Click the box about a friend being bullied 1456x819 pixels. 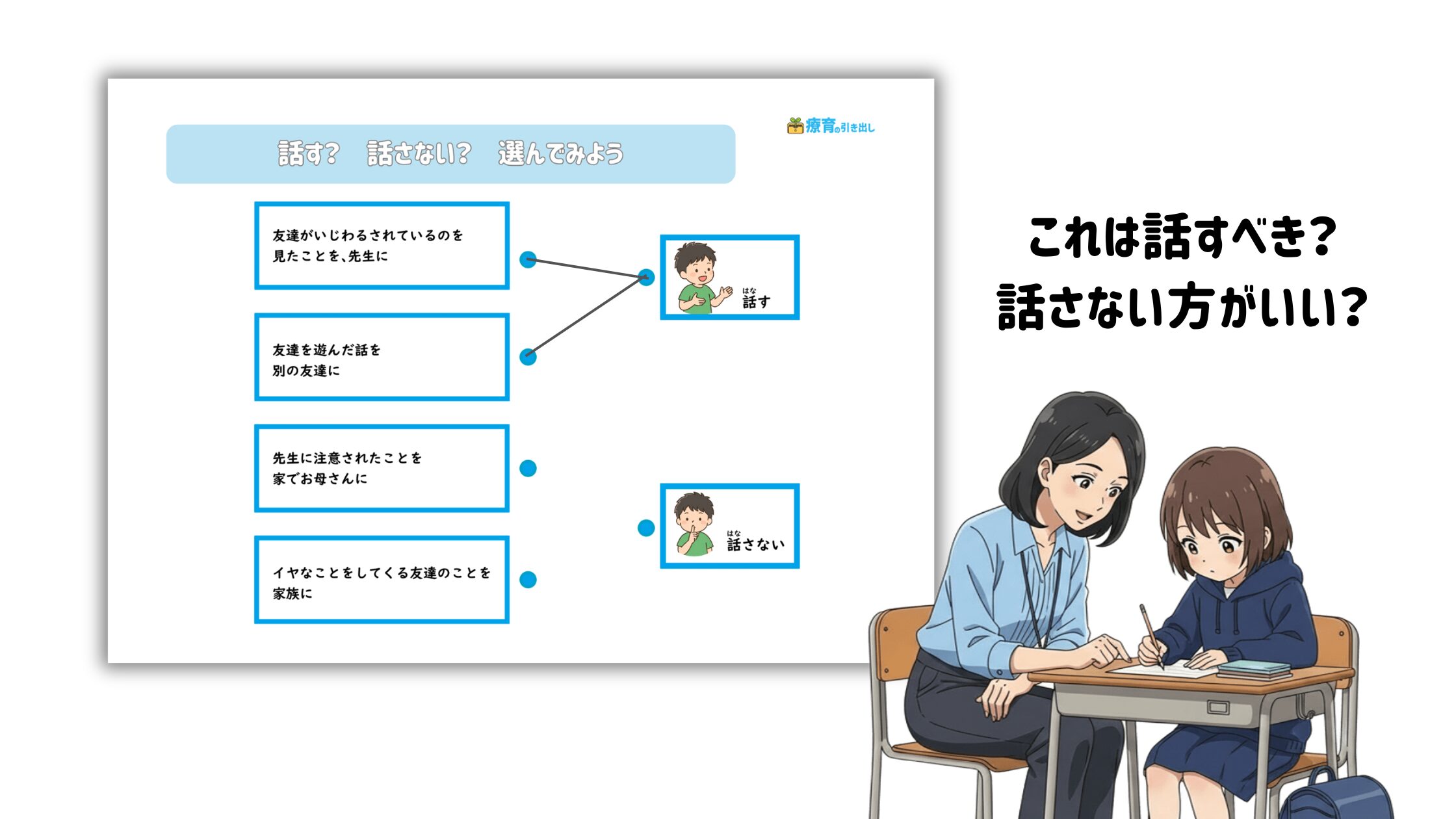coord(382,245)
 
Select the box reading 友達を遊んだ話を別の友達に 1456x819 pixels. coord(382,357)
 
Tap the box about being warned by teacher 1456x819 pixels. coord(382,468)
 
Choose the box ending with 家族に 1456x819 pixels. coord(382,580)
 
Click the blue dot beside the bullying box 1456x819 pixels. coord(528,260)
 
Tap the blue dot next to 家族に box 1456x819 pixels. coord(528,579)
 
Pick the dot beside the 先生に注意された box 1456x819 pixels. coord(528,468)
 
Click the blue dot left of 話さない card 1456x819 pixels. coord(646,528)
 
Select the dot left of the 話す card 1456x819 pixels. coord(646,278)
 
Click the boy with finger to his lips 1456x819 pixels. coord(694,524)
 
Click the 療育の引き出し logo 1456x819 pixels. coord(831,125)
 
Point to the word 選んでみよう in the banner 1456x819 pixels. coord(560,153)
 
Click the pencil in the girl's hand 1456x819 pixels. coord(1151,636)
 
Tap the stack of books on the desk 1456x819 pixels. coord(1254,669)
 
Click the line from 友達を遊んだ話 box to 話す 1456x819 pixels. coord(587,317)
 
